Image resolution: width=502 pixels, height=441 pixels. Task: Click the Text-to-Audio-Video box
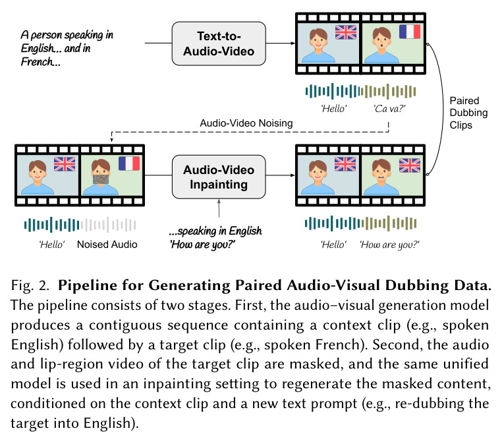pyautogui.click(x=219, y=44)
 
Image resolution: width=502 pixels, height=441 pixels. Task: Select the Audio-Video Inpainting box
pyautogui.click(x=219, y=177)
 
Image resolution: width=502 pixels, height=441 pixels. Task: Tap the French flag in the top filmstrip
pyautogui.click(x=410, y=32)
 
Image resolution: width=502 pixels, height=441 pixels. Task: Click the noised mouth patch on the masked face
pyautogui.click(x=101, y=179)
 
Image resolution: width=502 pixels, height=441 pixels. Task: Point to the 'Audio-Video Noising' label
pyautogui.click(x=246, y=123)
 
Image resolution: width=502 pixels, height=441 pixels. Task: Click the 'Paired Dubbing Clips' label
pyautogui.click(x=468, y=113)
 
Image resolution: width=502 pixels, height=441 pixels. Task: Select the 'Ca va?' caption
pyautogui.click(x=389, y=109)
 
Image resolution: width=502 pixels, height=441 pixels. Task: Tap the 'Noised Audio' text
pyautogui.click(x=107, y=245)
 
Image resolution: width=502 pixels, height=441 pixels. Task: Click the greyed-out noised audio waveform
pyautogui.click(x=109, y=225)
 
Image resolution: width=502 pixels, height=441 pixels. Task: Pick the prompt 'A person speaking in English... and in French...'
pyautogui.click(x=67, y=48)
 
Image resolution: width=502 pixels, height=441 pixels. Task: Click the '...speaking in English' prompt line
pyautogui.click(x=215, y=231)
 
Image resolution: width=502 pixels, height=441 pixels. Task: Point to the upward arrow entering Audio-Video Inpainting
pyautogui.click(x=219, y=208)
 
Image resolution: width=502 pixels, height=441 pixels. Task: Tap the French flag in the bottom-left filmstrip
pyautogui.click(x=129, y=163)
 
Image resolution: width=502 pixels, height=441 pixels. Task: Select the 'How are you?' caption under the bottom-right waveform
pyautogui.click(x=389, y=245)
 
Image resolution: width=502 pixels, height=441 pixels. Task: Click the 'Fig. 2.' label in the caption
pyautogui.click(x=30, y=285)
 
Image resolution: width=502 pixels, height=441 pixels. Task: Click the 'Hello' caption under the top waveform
pyautogui.click(x=333, y=109)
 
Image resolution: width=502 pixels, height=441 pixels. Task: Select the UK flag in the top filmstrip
pyautogui.click(x=346, y=32)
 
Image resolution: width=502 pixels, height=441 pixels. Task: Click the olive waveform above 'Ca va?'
pyautogui.click(x=388, y=91)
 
